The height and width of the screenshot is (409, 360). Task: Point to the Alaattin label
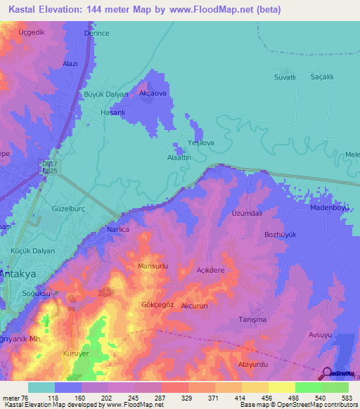pos(179,159)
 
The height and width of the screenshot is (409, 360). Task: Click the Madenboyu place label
pos(330,208)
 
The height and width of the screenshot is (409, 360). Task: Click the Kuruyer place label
pos(76,353)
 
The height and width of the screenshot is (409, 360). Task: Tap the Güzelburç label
pos(69,209)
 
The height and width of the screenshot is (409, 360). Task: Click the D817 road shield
pos(49,164)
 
